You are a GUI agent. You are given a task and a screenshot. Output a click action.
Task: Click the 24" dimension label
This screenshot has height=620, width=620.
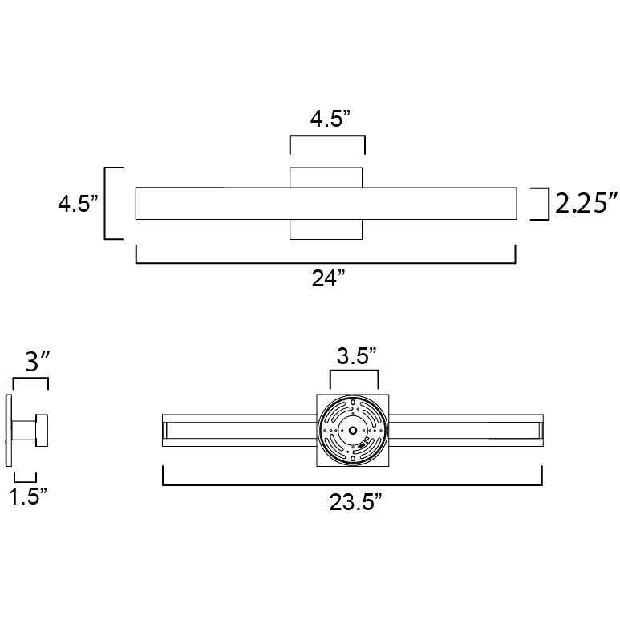click(x=329, y=278)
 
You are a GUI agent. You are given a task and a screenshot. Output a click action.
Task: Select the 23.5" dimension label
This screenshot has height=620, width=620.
click(x=355, y=502)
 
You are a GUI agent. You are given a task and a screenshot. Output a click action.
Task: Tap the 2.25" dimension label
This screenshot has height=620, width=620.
click(x=586, y=203)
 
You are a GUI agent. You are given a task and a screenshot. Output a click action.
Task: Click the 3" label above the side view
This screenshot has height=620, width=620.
click(x=37, y=361)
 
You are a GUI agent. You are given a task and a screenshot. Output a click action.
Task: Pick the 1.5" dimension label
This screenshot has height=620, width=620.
click(x=28, y=496)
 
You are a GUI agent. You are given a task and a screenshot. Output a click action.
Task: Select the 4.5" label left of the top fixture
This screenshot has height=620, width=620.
click(x=78, y=204)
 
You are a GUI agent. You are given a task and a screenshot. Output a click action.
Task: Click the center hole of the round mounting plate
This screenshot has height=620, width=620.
click(x=353, y=430)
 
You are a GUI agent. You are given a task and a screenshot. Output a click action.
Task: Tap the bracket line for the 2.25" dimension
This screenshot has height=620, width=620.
click(x=548, y=204)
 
